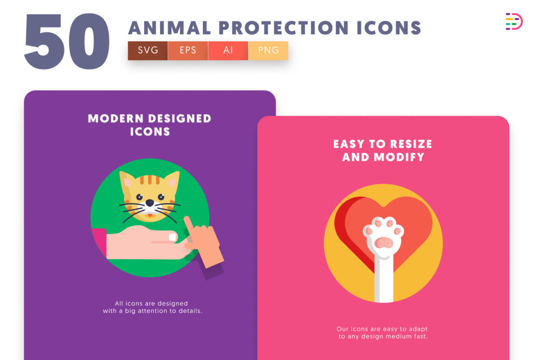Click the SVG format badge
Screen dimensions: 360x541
148,50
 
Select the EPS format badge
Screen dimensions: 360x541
188,50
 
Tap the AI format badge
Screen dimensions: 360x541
228,50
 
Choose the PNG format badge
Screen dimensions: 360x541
268,50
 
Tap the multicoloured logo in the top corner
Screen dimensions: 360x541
513,22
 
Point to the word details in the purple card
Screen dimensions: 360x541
189,311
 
